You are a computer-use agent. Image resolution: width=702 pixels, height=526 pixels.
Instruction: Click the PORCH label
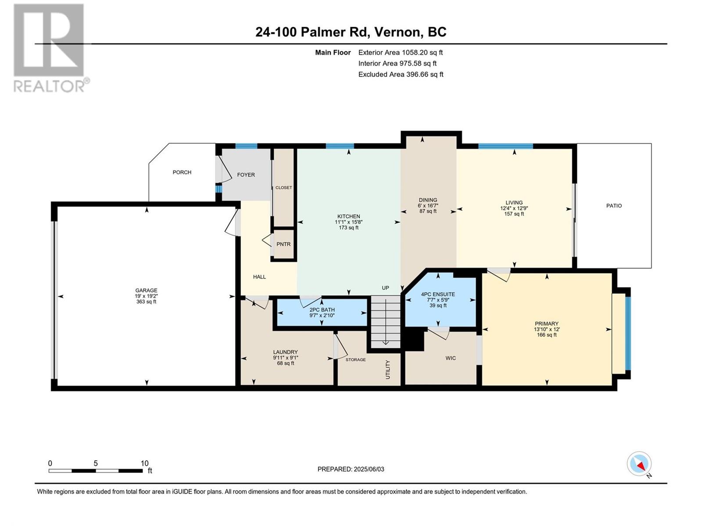pos(182,172)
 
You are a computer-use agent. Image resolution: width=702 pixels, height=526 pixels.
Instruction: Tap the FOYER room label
pos(246,175)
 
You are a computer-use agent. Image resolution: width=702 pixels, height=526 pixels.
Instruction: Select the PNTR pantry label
pos(283,244)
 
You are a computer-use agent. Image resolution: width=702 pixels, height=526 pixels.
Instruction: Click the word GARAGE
pos(146,290)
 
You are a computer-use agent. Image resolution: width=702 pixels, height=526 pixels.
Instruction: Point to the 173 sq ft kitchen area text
pos(349,227)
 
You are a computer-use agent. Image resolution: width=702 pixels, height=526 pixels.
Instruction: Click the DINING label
pos(428,200)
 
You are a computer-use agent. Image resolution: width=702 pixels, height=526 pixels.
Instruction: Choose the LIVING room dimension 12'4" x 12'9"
pos(514,208)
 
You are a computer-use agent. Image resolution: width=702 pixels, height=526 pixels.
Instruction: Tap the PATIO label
pos(614,206)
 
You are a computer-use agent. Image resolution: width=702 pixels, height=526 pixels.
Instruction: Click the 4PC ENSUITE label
pos(438,294)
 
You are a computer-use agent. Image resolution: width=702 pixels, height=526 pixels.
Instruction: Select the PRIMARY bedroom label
pos(547,323)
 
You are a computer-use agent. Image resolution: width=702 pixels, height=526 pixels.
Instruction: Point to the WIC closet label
pos(451,358)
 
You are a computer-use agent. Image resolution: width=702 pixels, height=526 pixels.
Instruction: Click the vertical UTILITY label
pos(388,370)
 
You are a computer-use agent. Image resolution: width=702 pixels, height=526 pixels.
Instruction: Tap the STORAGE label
pos(356,359)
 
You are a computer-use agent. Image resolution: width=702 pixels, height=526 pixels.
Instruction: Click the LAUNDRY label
pos(285,352)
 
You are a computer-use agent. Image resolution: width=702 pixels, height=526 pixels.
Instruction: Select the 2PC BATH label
pos(322,309)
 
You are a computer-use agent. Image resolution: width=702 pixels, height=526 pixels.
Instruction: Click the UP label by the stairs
pos(385,288)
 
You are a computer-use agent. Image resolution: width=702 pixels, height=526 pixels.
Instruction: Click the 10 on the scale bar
pos(144,463)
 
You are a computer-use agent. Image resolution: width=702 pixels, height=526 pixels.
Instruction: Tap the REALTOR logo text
pos(50,86)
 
